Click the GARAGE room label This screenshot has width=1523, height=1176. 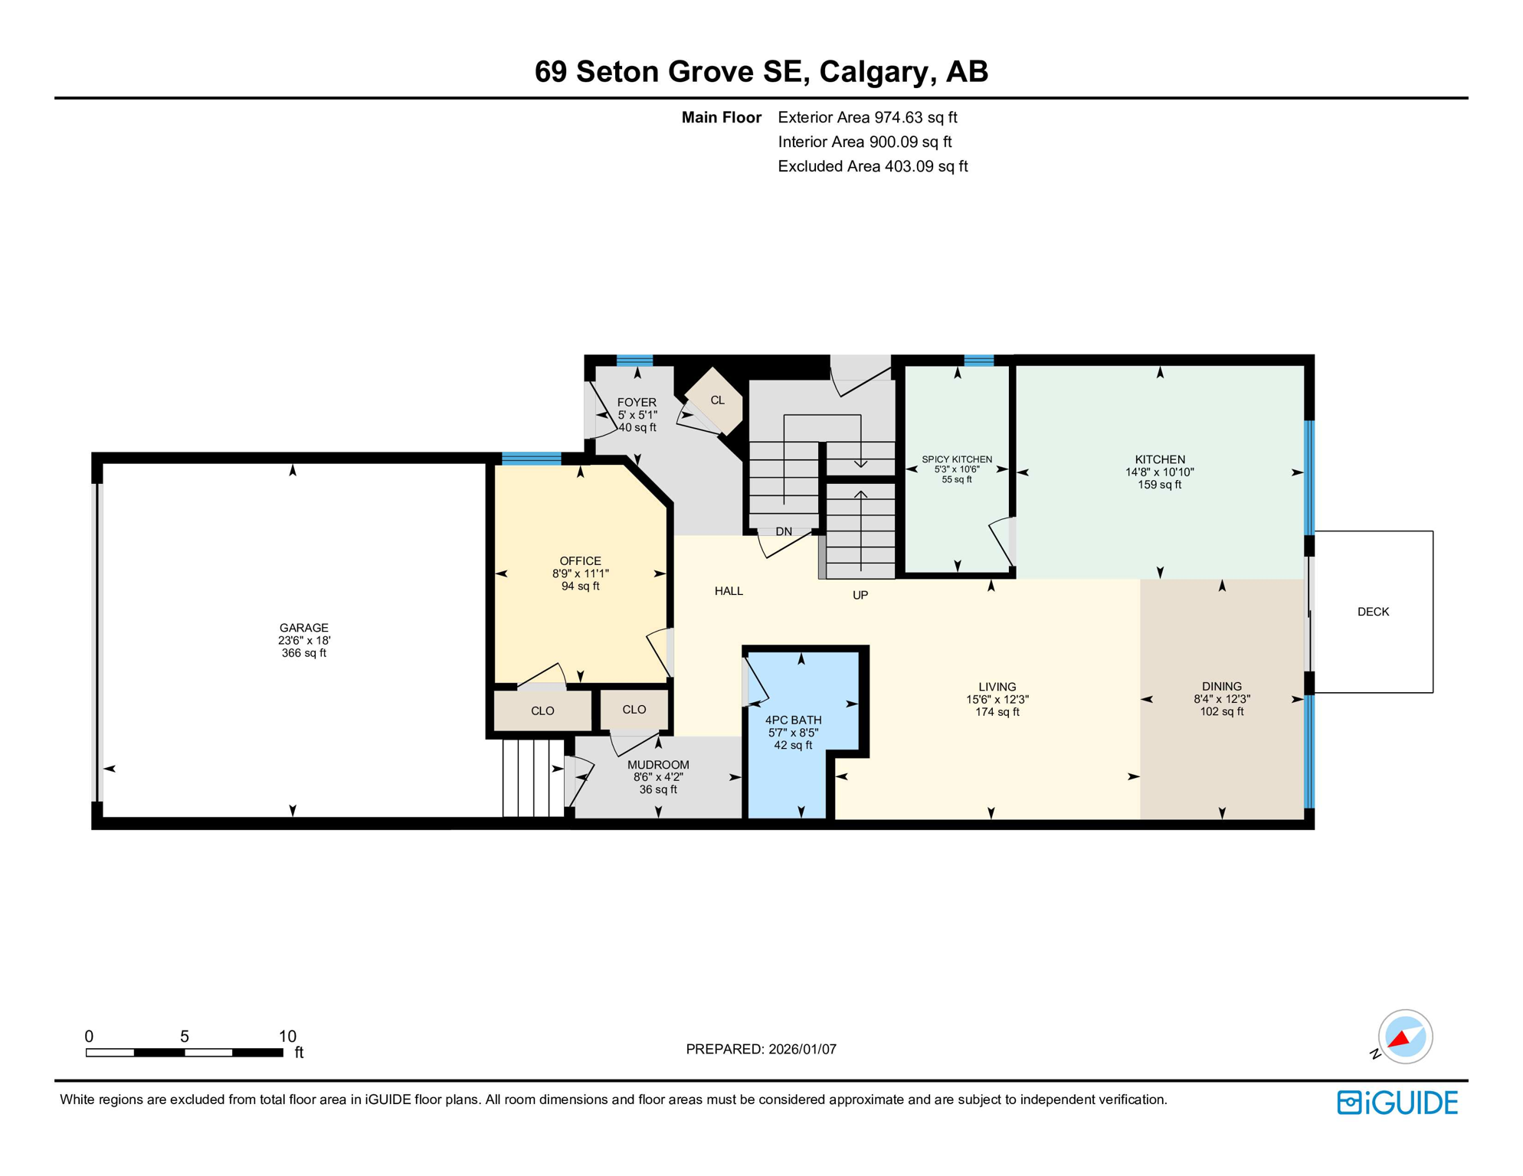[303, 628]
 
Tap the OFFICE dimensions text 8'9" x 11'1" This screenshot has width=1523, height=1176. [580, 573]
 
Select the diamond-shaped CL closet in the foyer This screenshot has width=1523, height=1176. [716, 400]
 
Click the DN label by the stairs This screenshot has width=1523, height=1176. [783, 531]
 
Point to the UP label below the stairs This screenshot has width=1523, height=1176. [860, 595]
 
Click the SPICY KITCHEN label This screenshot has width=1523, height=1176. [957, 459]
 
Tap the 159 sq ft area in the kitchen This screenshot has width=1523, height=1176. [1159, 485]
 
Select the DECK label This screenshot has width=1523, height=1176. [1372, 612]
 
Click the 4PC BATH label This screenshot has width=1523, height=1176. [793, 720]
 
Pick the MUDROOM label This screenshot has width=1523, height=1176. [658, 765]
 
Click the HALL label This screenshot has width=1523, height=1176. [729, 591]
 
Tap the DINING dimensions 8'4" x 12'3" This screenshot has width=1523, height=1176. [1221, 699]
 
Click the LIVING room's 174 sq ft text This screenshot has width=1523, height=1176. [997, 712]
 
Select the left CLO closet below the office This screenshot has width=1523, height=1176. [542, 711]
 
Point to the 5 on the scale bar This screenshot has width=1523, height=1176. [185, 1037]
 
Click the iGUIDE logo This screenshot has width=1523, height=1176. [1397, 1102]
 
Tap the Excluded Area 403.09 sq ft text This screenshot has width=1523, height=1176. [872, 166]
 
